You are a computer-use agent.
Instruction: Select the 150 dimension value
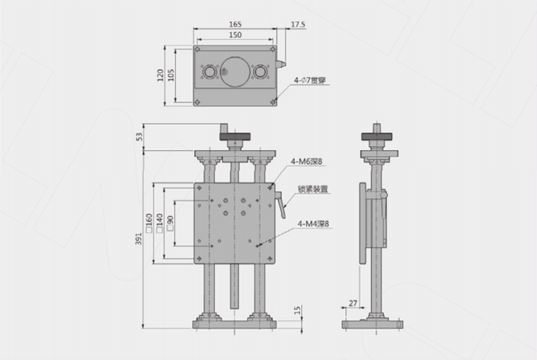point(235,35)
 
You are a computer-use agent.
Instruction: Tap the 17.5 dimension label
point(298,25)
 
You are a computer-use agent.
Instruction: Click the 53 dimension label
point(139,137)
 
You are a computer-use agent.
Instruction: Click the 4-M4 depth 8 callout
point(313,224)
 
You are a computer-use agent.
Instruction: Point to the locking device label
point(313,189)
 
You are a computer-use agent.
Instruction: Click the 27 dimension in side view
point(353,303)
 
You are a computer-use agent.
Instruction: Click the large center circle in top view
point(235,71)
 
